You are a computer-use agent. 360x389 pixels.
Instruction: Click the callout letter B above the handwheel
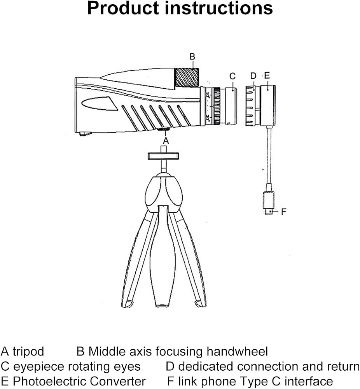coord(192,56)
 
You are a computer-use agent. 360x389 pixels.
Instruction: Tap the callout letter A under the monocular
coord(166,141)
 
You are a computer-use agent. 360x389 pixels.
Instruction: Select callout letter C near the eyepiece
coord(232,76)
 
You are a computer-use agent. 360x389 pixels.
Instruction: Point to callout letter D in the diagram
coord(253,76)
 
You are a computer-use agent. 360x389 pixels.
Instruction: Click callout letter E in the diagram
coord(267,75)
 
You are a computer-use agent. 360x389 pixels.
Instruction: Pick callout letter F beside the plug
coord(284,212)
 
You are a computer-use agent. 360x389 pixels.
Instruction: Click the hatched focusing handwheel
coord(187,77)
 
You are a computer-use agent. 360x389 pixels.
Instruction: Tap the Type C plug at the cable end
coord(269,203)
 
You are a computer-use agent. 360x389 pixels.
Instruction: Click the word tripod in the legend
coord(28,352)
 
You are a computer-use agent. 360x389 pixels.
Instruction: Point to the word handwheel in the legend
coord(237,351)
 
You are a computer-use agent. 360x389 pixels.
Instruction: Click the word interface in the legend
coord(309,381)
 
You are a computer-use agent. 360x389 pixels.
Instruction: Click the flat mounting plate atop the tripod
coord(163,156)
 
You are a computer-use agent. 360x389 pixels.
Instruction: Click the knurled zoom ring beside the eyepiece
coord(217,106)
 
